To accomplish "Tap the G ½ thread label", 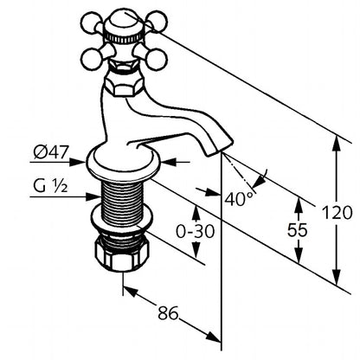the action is [51, 186].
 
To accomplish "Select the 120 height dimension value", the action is [337, 213].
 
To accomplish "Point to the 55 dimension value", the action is [298, 230].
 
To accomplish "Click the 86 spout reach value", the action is [169, 312].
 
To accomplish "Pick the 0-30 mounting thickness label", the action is [196, 231].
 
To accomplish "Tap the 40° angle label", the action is [239, 199].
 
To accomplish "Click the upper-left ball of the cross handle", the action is [92, 22].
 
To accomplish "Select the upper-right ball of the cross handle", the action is [156, 21].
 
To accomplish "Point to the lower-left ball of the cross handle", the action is [92, 59].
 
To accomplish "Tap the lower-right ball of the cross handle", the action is [156, 60].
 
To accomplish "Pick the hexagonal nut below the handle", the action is [124, 84].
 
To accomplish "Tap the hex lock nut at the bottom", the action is [122, 254].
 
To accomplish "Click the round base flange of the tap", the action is [124, 164].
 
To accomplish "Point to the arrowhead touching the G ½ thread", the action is [94, 197].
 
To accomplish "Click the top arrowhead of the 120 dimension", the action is [337, 143].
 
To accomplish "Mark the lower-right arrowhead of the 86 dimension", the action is [214, 337].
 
